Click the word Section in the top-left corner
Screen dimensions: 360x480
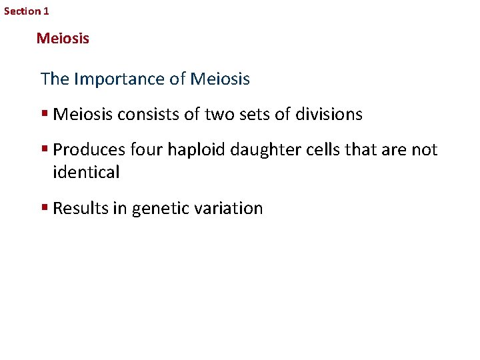(x=22, y=11)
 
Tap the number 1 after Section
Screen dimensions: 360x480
(x=46, y=11)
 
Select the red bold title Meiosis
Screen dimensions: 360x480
(x=63, y=39)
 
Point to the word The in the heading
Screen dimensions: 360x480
(x=55, y=79)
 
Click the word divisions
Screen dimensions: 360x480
(x=328, y=115)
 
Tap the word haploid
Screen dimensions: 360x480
(x=192, y=150)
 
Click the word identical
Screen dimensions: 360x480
(x=86, y=173)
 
